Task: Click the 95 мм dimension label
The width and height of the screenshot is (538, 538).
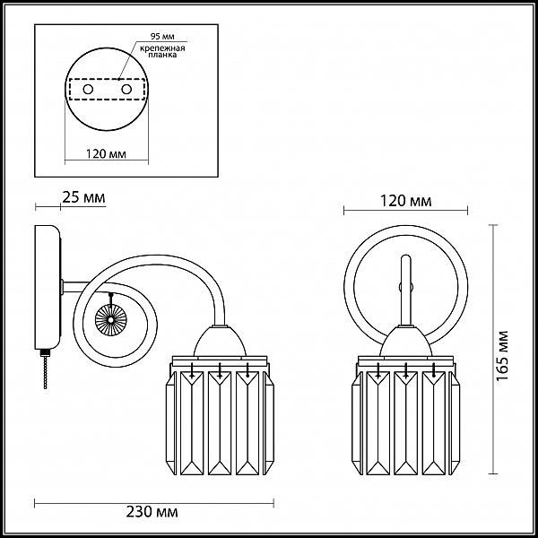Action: (162, 36)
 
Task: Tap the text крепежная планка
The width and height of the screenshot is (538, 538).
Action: (162, 51)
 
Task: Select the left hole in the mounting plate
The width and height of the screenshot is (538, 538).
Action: (88, 90)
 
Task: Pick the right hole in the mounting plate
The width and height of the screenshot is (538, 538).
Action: (126, 90)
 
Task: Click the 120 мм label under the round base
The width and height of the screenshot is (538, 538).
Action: (106, 153)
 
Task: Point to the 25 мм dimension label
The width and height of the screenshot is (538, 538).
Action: (83, 197)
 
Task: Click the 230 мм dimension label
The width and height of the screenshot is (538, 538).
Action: (152, 512)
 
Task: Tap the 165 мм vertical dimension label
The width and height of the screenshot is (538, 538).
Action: (502, 355)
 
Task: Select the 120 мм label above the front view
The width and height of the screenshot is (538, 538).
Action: (405, 200)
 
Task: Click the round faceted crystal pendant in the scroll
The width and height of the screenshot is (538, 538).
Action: (111, 319)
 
